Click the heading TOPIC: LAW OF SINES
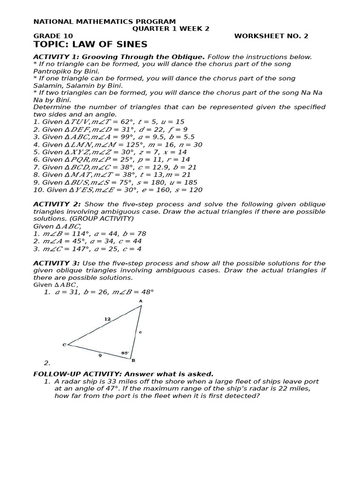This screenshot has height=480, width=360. tap(90, 45)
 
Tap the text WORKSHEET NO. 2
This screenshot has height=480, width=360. tap(271, 36)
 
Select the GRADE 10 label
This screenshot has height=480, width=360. tap(53, 36)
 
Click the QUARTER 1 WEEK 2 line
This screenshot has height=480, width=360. tap(171, 29)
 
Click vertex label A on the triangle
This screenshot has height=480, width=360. tap(141, 301)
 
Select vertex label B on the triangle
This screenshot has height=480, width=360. tap(133, 360)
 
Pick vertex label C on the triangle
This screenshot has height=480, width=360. tap(64, 345)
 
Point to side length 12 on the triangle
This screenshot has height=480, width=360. tap(107, 319)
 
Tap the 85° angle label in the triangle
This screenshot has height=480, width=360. tap(125, 352)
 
